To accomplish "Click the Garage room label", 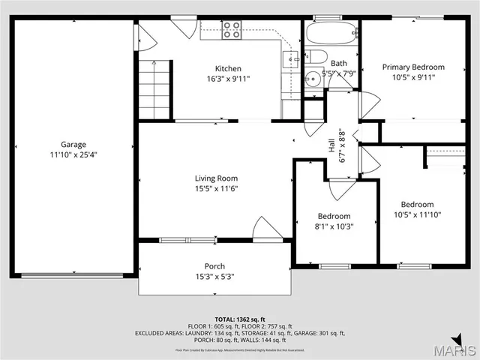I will point(73,144).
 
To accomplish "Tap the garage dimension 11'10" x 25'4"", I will point(73,154).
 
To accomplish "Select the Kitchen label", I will point(228,68).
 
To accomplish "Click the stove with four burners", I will point(232,30).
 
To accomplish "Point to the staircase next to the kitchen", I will point(155,89).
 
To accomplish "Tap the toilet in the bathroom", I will point(316,57).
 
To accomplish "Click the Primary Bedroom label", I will point(413,67).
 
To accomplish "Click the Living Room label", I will point(216,178).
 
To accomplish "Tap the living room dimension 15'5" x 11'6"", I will point(216,189).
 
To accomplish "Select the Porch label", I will point(214,266).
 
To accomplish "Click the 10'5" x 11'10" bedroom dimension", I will point(416,214).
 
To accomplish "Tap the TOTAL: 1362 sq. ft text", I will point(240,319).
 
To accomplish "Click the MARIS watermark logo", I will point(459,348).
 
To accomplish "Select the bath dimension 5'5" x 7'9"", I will point(339,73).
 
